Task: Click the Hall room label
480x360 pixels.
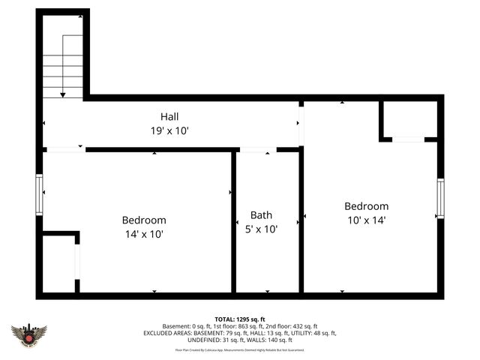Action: pos(169,117)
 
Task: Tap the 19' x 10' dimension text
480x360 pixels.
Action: pos(169,130)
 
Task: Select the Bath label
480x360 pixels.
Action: pos(262,215)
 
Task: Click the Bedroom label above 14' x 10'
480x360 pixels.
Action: pos(144,220)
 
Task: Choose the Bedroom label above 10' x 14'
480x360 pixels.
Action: pos(366,206)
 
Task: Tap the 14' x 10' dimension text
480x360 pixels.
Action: pos(144,234)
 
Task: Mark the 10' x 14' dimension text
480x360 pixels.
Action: pos(366,220)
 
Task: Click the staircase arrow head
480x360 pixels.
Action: pos(63,94)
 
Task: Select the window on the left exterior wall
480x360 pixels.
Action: pos(40,194)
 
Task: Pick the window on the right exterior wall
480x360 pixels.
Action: pos(441,199)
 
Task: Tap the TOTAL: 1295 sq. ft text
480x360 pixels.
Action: pos(240,319)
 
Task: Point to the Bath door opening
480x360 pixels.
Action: pos(256,150)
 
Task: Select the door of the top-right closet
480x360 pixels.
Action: pos(408,139)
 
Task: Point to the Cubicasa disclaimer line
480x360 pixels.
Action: pos(240,349)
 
